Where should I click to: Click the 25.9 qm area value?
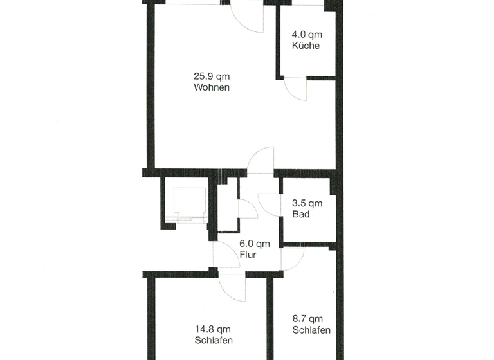[x=212, y=76]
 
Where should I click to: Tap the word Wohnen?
[x=212, y=87]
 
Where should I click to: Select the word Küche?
[x=306, y=46]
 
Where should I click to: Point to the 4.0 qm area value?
[x=307, y=34]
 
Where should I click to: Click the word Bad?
[x=300, y=214]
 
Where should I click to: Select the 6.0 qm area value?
[x=254, y=243]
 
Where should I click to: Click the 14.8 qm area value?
[x=212, y=328]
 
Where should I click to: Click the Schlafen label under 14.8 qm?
[x=213, y=340]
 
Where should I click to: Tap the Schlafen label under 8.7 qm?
[x=311, y=330]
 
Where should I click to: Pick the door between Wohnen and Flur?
[x=262, y=161]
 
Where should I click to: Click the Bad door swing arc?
[x=268, y=204]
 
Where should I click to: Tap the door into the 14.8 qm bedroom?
[x=232, y=287]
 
